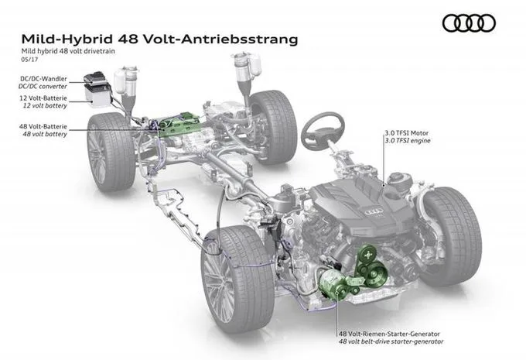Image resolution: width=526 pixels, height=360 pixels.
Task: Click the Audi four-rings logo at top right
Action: [x=469, y=23]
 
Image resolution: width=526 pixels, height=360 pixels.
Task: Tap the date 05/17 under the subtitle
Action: [x=30, y=60]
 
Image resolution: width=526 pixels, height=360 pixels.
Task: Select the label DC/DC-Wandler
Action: [x=43, y=79]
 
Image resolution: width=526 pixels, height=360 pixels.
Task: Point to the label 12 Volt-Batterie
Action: [x=43, y=98]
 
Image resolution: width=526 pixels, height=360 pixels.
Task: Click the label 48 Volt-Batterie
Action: [x=43, y=127]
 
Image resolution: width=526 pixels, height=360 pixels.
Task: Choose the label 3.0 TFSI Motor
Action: [x=407, y=133]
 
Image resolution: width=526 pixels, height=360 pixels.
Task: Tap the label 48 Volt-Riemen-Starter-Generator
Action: [x=389, y=334]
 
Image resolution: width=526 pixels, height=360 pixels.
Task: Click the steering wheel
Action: [x=323, y=130]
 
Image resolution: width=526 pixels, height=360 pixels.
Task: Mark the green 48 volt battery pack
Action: [x=178, y=125]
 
